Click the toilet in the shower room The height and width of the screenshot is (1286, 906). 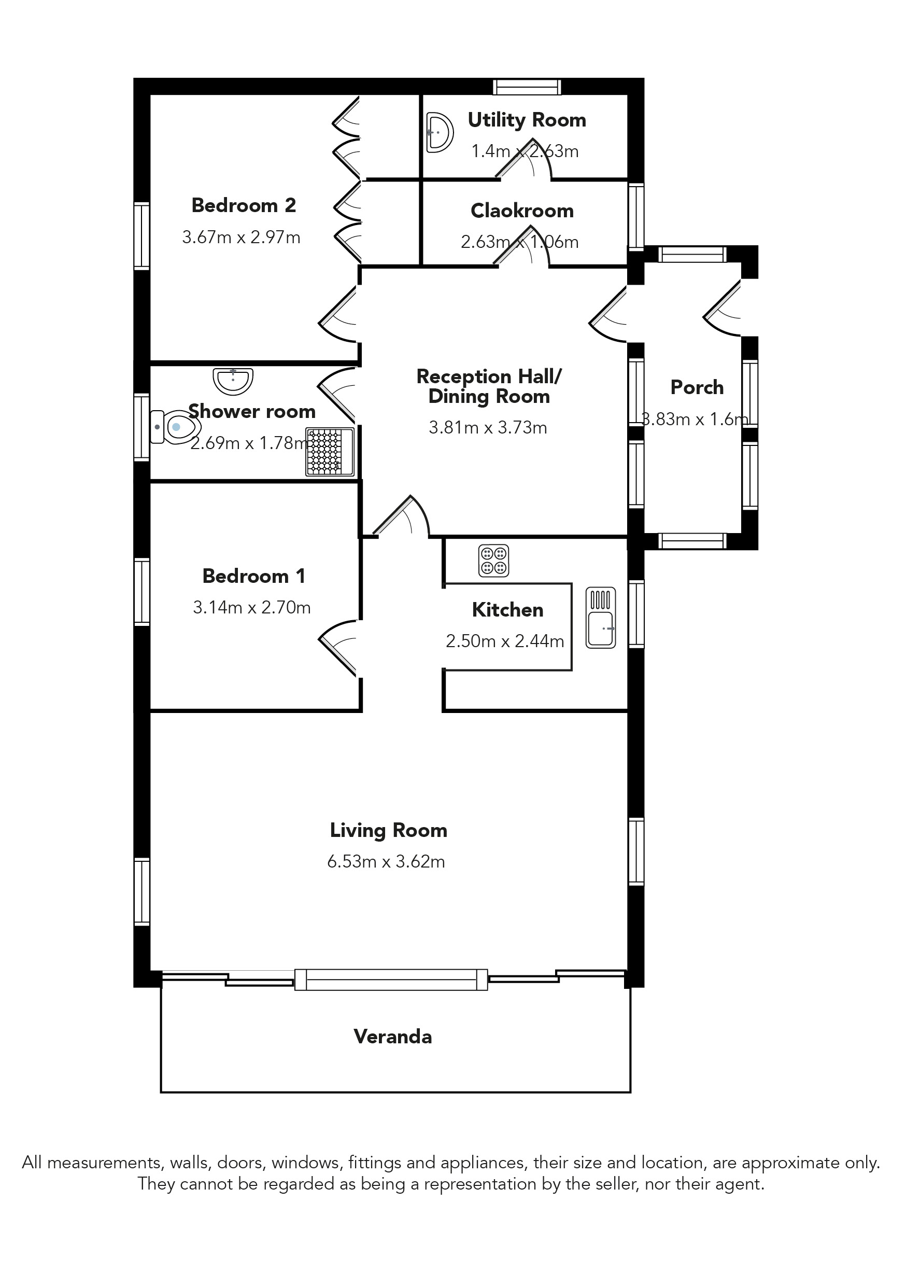(x=175, y=427)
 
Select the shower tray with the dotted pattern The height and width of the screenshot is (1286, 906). (x=330, y=452)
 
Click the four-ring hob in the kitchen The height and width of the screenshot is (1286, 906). (x=494, y=560)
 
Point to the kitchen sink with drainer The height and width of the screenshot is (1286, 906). (x=601, y=618)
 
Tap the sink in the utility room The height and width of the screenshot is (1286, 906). (x=440, y=133)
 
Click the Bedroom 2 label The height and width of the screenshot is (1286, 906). (x=244, y=205)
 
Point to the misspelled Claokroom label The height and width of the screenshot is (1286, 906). (x=522, y=211)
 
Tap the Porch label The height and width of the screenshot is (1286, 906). (x=697, y=387)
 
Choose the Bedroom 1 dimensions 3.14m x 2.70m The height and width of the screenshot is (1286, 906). (x=252, y=607)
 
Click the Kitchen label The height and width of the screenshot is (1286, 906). (x=507, y=609)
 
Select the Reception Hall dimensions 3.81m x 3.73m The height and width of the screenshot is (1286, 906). (x=488, y=427)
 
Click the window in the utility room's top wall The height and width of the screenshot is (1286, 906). (x=527, y=87)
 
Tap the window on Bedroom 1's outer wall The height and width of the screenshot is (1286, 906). (x=142, y=592)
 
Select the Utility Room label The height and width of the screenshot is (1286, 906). (x=527, y=120)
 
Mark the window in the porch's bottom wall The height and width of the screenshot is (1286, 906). (x=692, y=541)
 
